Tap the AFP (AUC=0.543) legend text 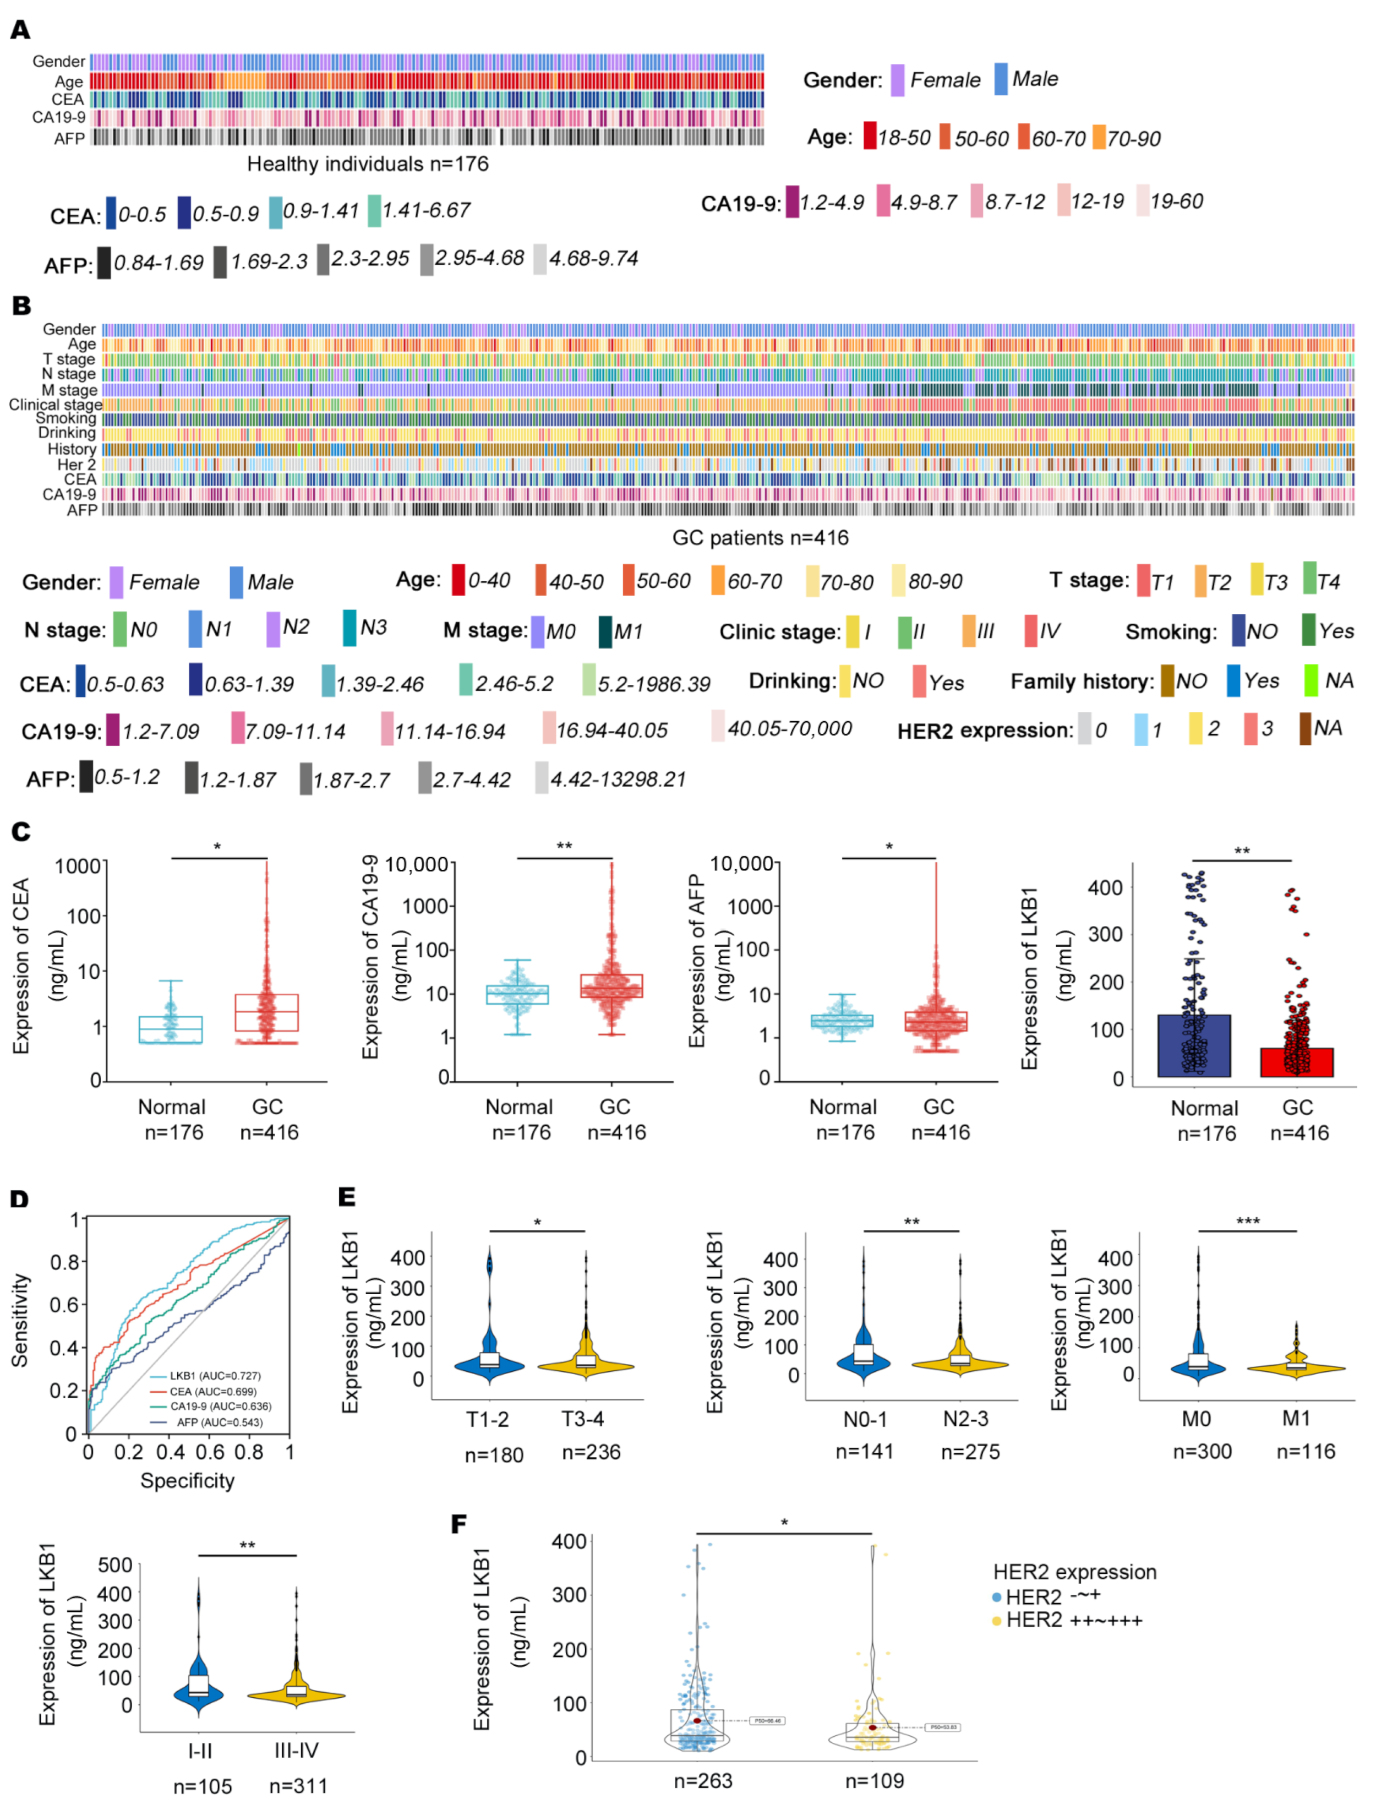point(219,1422)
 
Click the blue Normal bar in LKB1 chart point(1193,1045)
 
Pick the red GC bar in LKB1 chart point(1296,1062)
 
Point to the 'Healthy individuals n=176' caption point(368,164)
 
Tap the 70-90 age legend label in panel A point(1133,139)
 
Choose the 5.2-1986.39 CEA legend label point(653,684)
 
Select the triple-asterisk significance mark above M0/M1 point(1247,1222)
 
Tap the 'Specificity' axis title point(187,1481)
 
